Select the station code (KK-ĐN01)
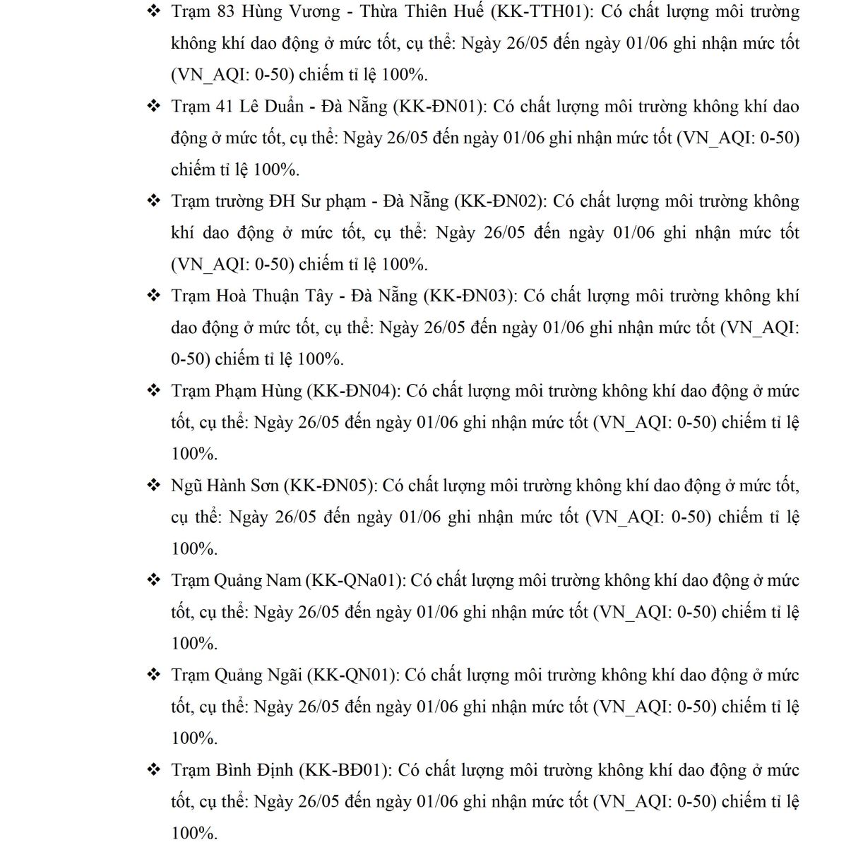point(439,107)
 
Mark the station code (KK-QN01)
point(352,675)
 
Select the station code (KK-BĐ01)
point(344,770)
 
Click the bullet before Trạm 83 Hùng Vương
point(153,12)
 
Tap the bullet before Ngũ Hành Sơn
point(153,486)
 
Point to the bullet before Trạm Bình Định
point(153,770)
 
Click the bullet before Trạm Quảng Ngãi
point(153,675)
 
